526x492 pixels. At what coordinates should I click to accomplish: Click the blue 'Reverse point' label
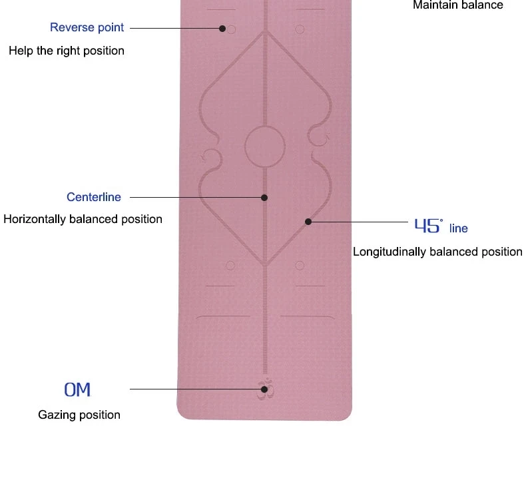tap(87, 27)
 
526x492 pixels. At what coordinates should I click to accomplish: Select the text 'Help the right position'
tap(67, 51)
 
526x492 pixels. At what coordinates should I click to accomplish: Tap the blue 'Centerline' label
tap(94, 197)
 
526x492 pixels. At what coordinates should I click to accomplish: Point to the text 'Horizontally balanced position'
tap(83, 219)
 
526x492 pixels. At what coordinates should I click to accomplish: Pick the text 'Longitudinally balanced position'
tap(437, 252)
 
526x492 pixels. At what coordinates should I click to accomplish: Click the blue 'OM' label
tap(77, 389)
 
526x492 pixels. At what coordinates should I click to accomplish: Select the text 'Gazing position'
tap(79, 415)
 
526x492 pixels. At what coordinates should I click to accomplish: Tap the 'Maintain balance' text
tap(458, 5)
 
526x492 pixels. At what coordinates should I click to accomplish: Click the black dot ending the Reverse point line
tap(222, 28)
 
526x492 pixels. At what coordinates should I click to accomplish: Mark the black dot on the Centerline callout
tap(264, 198)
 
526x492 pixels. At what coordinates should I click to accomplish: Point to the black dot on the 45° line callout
tap(308, 221)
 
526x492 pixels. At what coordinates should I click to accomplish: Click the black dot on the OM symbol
tap(264, 389)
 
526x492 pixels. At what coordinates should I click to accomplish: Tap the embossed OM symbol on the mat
tap(265, 391)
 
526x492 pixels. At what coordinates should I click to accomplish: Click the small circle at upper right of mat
tap(300, 29)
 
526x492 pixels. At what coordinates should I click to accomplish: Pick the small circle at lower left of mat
tap(230, 265)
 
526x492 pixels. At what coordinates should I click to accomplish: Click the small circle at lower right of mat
tap(300, 265)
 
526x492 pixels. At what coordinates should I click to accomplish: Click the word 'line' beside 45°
tap(459, 228)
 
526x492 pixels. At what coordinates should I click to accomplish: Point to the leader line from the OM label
tap(193, 389)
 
